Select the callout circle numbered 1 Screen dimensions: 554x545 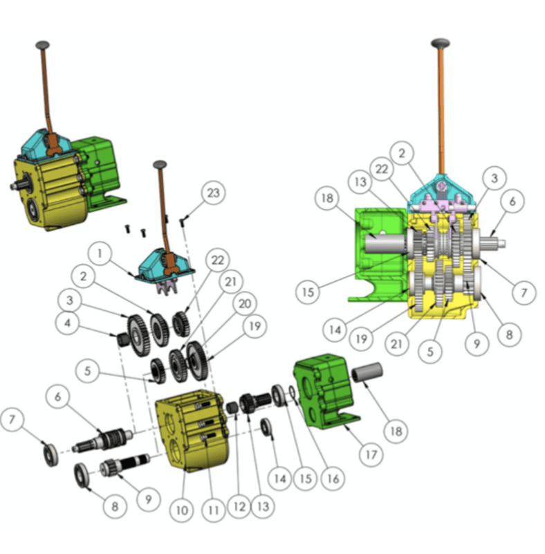101,254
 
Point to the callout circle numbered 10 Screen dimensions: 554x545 181,510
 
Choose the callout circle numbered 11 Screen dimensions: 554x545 212,510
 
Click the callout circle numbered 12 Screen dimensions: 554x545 239,508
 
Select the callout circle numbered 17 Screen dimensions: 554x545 372,455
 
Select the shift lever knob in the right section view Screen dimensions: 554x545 440,43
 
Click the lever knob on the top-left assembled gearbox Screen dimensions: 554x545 43,45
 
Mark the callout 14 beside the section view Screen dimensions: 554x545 335,330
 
